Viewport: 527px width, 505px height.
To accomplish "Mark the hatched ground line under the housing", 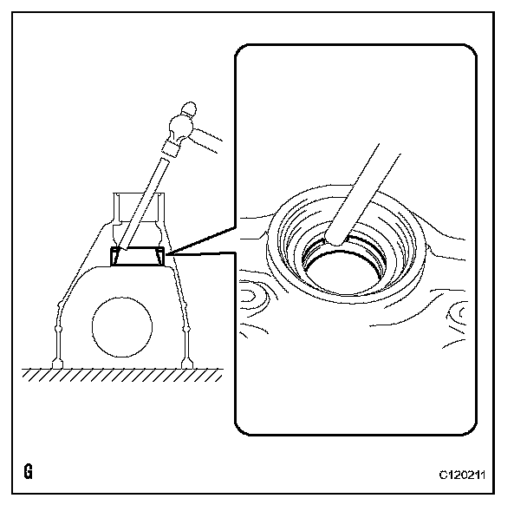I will pyautogui.click(x=121, y=374).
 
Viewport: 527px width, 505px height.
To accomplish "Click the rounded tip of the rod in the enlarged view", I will pyautogui.click(x=334, y=235).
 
